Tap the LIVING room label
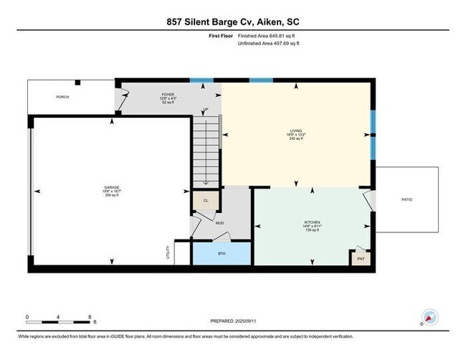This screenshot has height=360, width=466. click(292, 131)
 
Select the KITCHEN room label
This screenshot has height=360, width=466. click(311, 223)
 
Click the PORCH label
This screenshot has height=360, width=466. click(62, 96)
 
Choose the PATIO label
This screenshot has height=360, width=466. click(406, 200)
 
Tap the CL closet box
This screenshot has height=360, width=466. click(206, 201)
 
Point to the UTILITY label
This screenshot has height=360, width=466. click(167, 253)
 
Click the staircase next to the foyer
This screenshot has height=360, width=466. click(206, 151)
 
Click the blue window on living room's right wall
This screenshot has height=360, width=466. click(372, 135)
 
